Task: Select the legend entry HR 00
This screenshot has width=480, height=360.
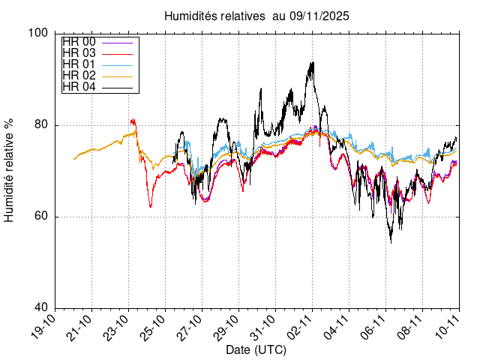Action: click(x=79, y=42)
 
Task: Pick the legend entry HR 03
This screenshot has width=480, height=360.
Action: click(x=79, y=53)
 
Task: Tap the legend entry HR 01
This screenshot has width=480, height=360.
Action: click(x=79, y=64)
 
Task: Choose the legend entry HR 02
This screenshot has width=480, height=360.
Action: click(x=79, y=76)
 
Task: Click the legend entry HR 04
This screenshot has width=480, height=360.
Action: click(x=79, y=87)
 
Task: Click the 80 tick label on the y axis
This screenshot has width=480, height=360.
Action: click(x=42, y=125)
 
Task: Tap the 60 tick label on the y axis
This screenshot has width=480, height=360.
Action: click(x=42, y=217)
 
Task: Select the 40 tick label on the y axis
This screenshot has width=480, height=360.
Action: click(x=42, y=308)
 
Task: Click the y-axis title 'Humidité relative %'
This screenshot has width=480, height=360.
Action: click(x=10, y=169)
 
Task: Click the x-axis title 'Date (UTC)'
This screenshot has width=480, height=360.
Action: click(x=256, y=350)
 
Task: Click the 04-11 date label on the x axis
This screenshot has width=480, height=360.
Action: click(x=340, y=328)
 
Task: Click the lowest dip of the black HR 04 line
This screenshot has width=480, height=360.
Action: click(x=391, y=242)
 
